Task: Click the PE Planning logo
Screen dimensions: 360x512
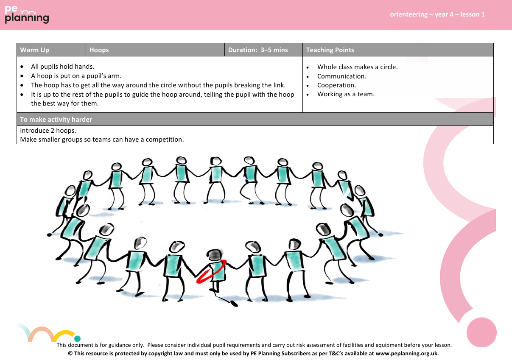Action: [27, 14]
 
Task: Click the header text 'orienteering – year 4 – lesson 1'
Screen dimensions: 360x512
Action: [437, 14]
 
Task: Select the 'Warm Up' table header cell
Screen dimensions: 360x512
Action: [35, 50]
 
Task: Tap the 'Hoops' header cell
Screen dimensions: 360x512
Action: [99, 50]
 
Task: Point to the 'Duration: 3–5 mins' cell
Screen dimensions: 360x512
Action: [258, 50]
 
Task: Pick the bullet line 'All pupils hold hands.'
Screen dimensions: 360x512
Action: [63, 67]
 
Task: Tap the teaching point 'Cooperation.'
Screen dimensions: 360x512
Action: [337, 85]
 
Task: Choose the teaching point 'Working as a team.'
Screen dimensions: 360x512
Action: [346, 94]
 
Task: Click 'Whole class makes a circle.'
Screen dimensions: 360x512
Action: [357, 67]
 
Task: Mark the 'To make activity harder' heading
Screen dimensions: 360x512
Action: [56, 120]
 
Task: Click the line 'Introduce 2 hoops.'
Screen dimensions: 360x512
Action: [48, 131]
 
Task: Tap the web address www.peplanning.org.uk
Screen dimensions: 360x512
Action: [407, 353]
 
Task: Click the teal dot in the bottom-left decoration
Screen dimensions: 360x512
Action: [77, 339]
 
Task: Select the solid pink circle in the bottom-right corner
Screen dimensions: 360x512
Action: [481, 332]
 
